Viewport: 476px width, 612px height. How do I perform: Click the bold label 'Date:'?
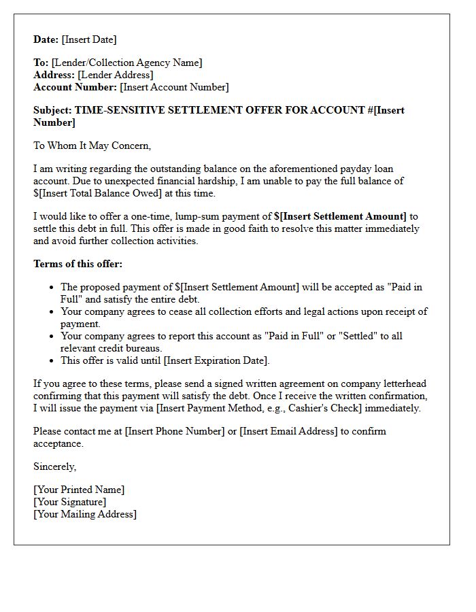[46, 39]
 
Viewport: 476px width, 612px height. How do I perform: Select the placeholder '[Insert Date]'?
[89, 39]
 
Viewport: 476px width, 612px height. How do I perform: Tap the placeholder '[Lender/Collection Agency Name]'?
[126, 63]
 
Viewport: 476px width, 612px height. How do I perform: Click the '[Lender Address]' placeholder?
[116, 75]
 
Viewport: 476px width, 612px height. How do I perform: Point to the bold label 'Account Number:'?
[75, 87]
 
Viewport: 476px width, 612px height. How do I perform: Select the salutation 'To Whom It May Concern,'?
[92, 146]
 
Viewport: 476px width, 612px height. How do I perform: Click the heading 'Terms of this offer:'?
[78, 264]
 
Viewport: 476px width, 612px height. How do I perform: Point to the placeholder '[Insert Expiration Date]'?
[216, 360]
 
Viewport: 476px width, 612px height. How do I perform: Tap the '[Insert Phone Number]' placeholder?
[175, 431]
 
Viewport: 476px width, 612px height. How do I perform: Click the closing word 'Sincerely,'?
[55, 466]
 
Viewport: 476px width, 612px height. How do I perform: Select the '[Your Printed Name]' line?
[79, 490]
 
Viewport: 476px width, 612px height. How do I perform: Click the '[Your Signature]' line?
[70, 502]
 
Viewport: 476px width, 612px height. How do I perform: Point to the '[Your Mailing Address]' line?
[85, 514]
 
